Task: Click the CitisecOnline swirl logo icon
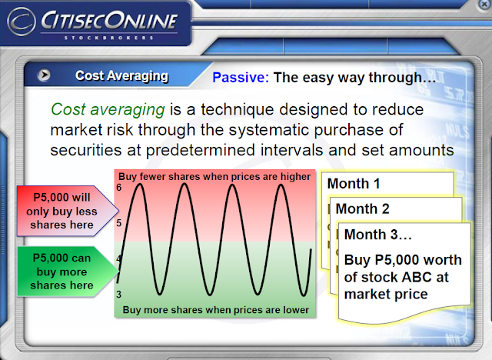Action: [x=22, y=22]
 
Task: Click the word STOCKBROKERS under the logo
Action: [x=108, y=38]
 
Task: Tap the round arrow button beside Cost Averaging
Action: [x=44, y=75]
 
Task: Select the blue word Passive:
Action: [x=241, y=77]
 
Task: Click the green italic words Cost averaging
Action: [x=108, y=110]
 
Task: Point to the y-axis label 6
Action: [x=118, y=188]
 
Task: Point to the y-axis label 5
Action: [x=118, y=223]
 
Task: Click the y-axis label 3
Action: [x=118, y=295]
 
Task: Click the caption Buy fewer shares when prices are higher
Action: [x=214, y=177]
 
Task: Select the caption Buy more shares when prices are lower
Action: [x=215, y=310]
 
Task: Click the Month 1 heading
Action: [x=354, y=184]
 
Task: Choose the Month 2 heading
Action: [x=362, y=208]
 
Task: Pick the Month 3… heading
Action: [x=378, y=235]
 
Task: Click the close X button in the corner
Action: [x=485, y=5]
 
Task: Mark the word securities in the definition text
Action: [x=86, y=150]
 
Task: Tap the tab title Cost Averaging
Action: [x=121, y=76]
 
